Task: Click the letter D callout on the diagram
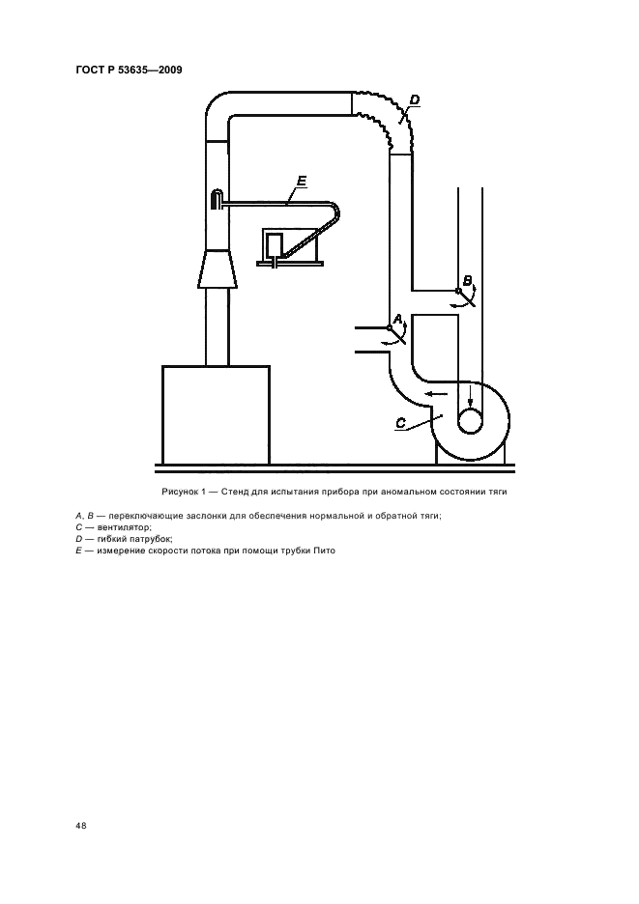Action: [x=415, y=99]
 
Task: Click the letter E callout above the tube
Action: [x=302, y=182]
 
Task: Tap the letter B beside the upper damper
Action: [x=468, y=281]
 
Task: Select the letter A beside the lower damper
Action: [x=397, y=319]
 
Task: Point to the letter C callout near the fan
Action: [x=401, y=423]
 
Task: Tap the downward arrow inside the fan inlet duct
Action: [x=471, y=398]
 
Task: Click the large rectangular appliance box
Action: [x=216, y=414]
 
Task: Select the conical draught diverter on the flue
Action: [x=218, y=268]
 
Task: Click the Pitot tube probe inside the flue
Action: [x=216, y=200]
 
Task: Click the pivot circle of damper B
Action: [x=458, y=291]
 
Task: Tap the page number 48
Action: [x=81, y=826]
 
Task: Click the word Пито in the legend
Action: [x=325, y=551]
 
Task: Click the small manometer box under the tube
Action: [x=274, y=245]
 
